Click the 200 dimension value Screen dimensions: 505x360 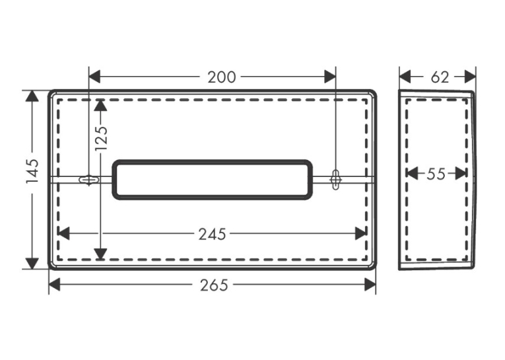[222, 77]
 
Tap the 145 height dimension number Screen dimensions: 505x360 [32, 171]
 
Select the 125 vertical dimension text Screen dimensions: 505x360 [102, 138]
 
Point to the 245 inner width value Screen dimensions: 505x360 [212, 234]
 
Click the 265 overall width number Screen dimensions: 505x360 [214, 285]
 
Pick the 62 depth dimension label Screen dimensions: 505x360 [440, 77]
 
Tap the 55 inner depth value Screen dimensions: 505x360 [436, 174]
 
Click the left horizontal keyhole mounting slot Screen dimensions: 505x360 [88, 180]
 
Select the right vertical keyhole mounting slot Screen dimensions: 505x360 [335, 179]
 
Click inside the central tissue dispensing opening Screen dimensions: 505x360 [213, 180]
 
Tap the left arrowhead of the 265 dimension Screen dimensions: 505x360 [54, 285]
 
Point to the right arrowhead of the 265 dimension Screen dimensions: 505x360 [370, 285]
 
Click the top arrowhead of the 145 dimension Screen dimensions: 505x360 [32, 96]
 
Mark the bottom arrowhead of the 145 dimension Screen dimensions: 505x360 [32, 264]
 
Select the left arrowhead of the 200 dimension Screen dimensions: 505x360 [94, 77]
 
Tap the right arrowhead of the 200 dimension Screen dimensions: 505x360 [330, 77]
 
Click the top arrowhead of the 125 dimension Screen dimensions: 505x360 [101, 105]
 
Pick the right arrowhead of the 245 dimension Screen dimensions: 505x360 [361, 234]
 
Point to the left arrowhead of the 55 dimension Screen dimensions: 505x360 [412, 174]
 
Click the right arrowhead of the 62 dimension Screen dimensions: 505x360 [470, 77]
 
